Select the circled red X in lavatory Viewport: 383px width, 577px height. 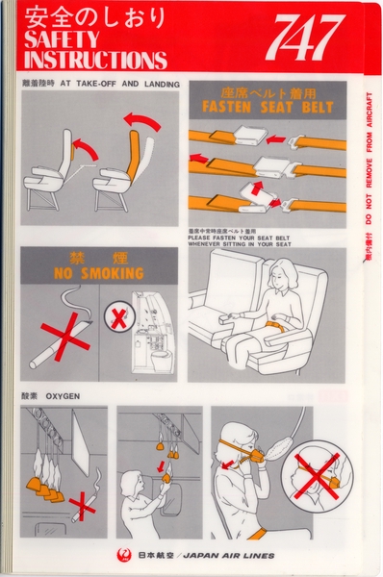(x=118, y=317)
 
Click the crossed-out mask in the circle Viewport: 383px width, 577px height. (x=319, y=471)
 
